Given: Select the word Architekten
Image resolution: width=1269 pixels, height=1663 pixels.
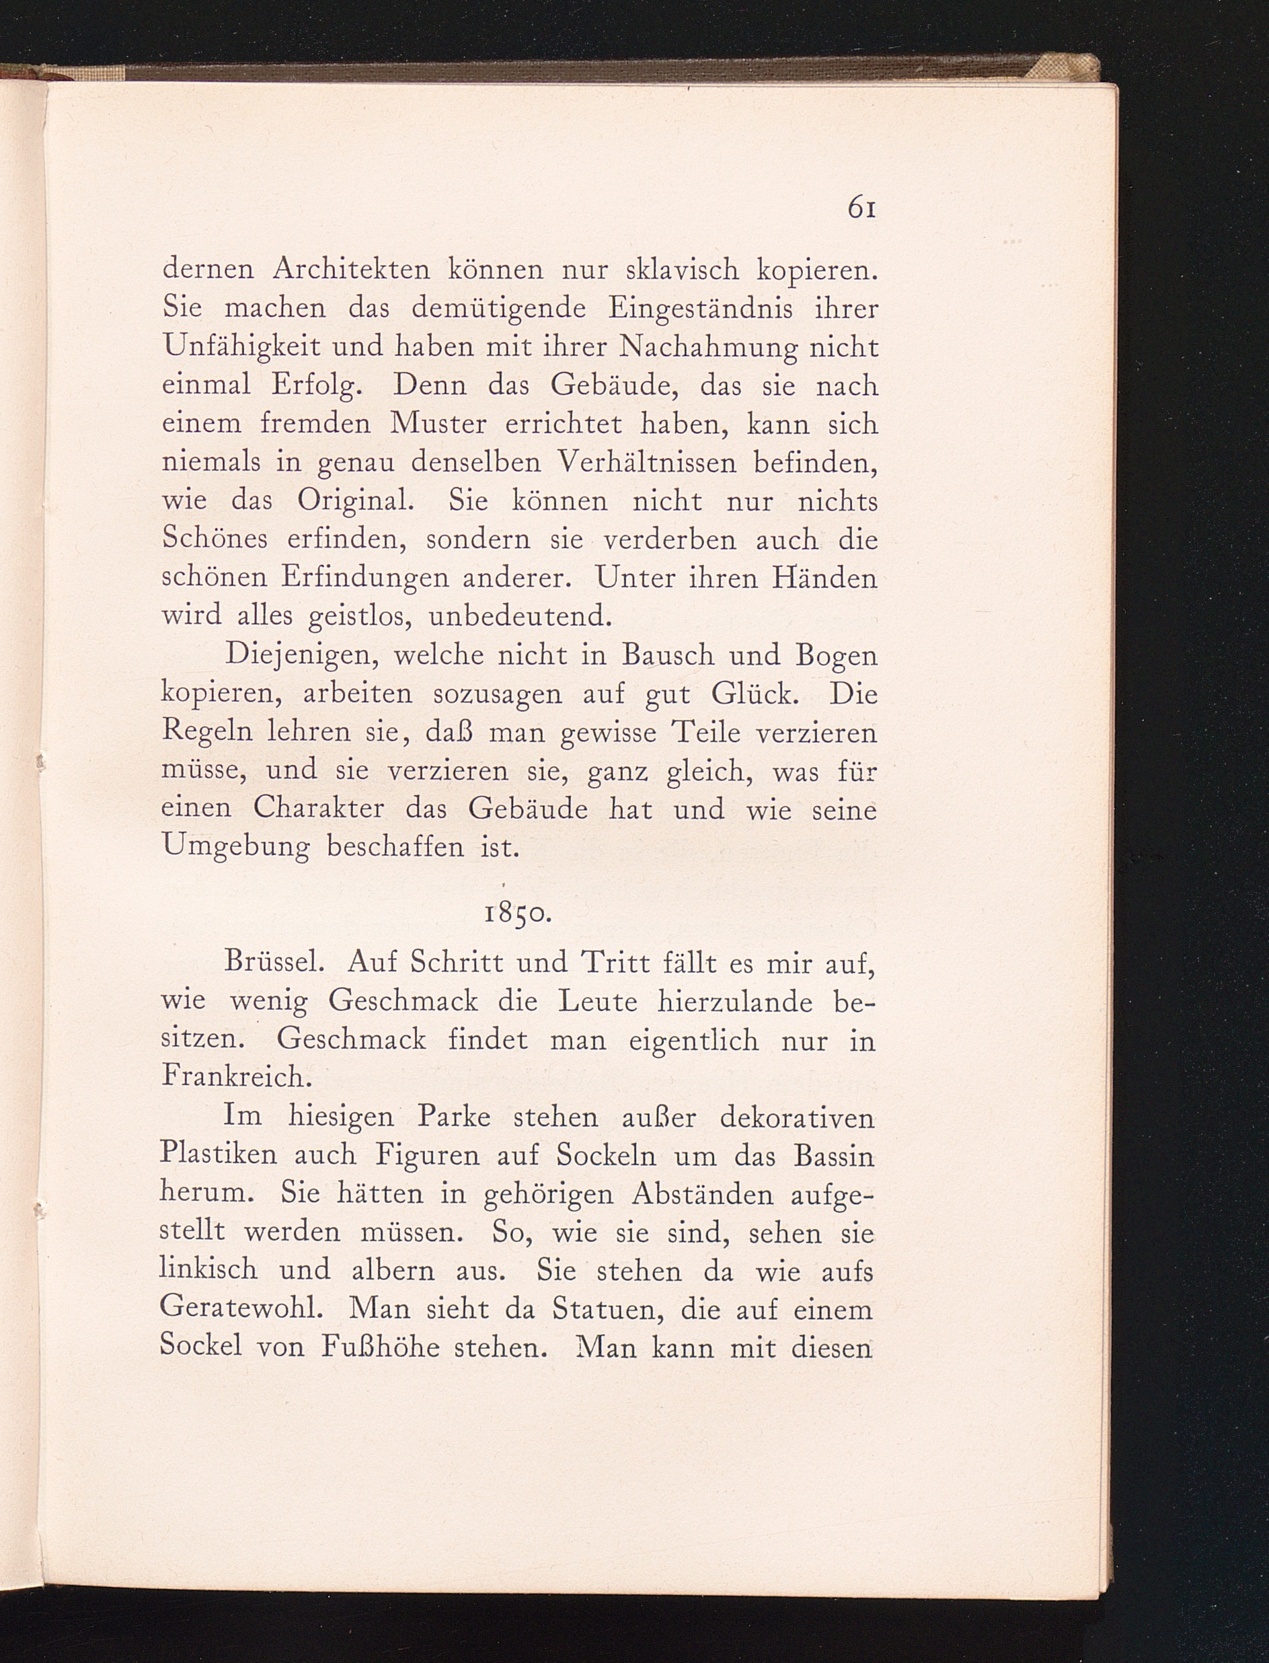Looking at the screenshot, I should [x=353, y=269].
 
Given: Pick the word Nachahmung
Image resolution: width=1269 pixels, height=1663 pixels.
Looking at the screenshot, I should [x=707, y=348].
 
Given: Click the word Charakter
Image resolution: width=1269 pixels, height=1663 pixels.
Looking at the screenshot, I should [x=319, y=809].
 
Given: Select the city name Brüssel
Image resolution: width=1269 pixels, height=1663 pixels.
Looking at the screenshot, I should [x=275, y=962].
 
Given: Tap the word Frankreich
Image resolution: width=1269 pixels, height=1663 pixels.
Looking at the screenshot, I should [x=237, y=1076].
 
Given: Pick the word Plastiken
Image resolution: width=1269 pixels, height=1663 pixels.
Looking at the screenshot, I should [x=219, y=1154].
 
